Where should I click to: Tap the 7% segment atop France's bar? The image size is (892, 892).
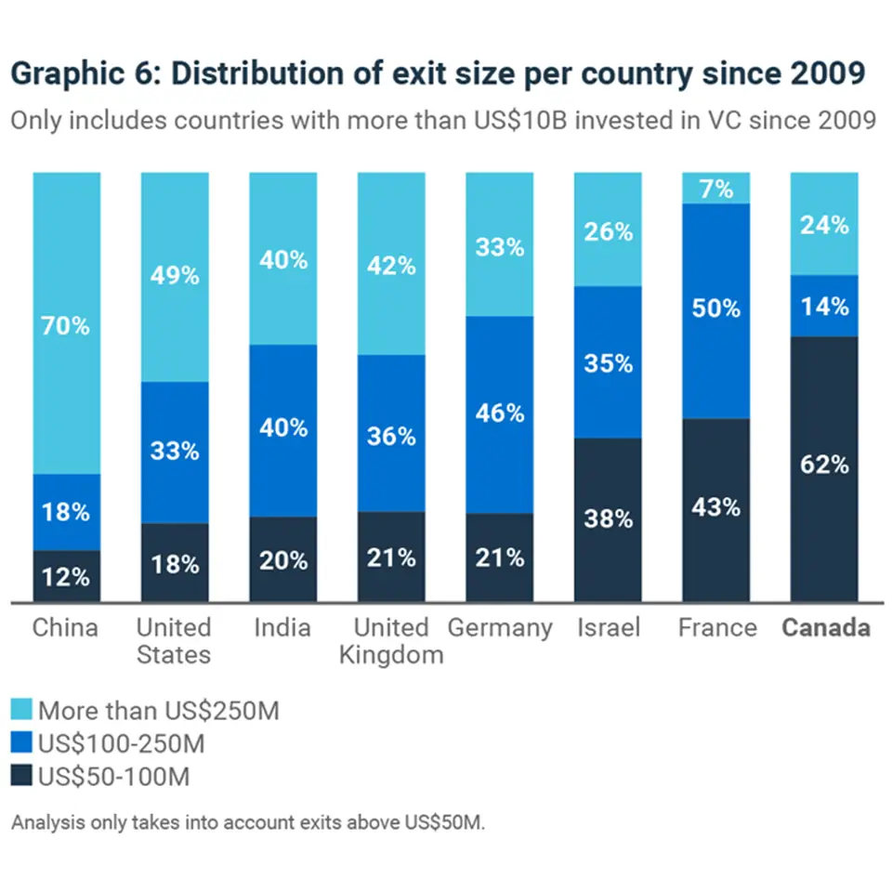coord(716,189)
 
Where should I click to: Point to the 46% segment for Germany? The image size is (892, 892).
coord(500,414)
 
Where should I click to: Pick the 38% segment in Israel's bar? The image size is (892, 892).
coord(608,519)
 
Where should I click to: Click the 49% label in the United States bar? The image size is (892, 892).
coord(175,276)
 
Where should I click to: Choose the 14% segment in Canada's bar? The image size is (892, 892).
coord(824,306)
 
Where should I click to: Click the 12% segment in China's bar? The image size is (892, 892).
coord(66,576)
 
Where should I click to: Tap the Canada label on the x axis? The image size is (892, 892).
coord(825,628)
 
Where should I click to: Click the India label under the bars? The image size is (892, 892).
coord(282,628)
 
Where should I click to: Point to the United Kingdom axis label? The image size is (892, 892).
coord(391,641)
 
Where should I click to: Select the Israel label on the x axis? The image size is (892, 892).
coord(608,628)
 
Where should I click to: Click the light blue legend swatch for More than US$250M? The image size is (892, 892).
coord(21,712)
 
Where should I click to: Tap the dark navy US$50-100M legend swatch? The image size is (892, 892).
coord(21,776)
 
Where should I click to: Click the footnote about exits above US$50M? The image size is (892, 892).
coord(248,823)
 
